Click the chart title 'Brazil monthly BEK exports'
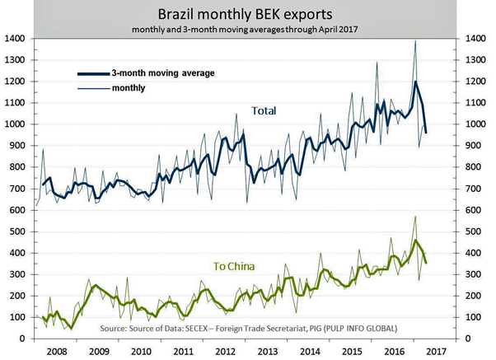click(x=247, y=14)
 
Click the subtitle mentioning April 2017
click(x=247, y=30)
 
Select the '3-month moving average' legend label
click(x=162, y=73)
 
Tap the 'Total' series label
click(x=265, y=111)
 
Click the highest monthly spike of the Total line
click(x=415, y=41)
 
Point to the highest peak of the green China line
click(x=415, y=217)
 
